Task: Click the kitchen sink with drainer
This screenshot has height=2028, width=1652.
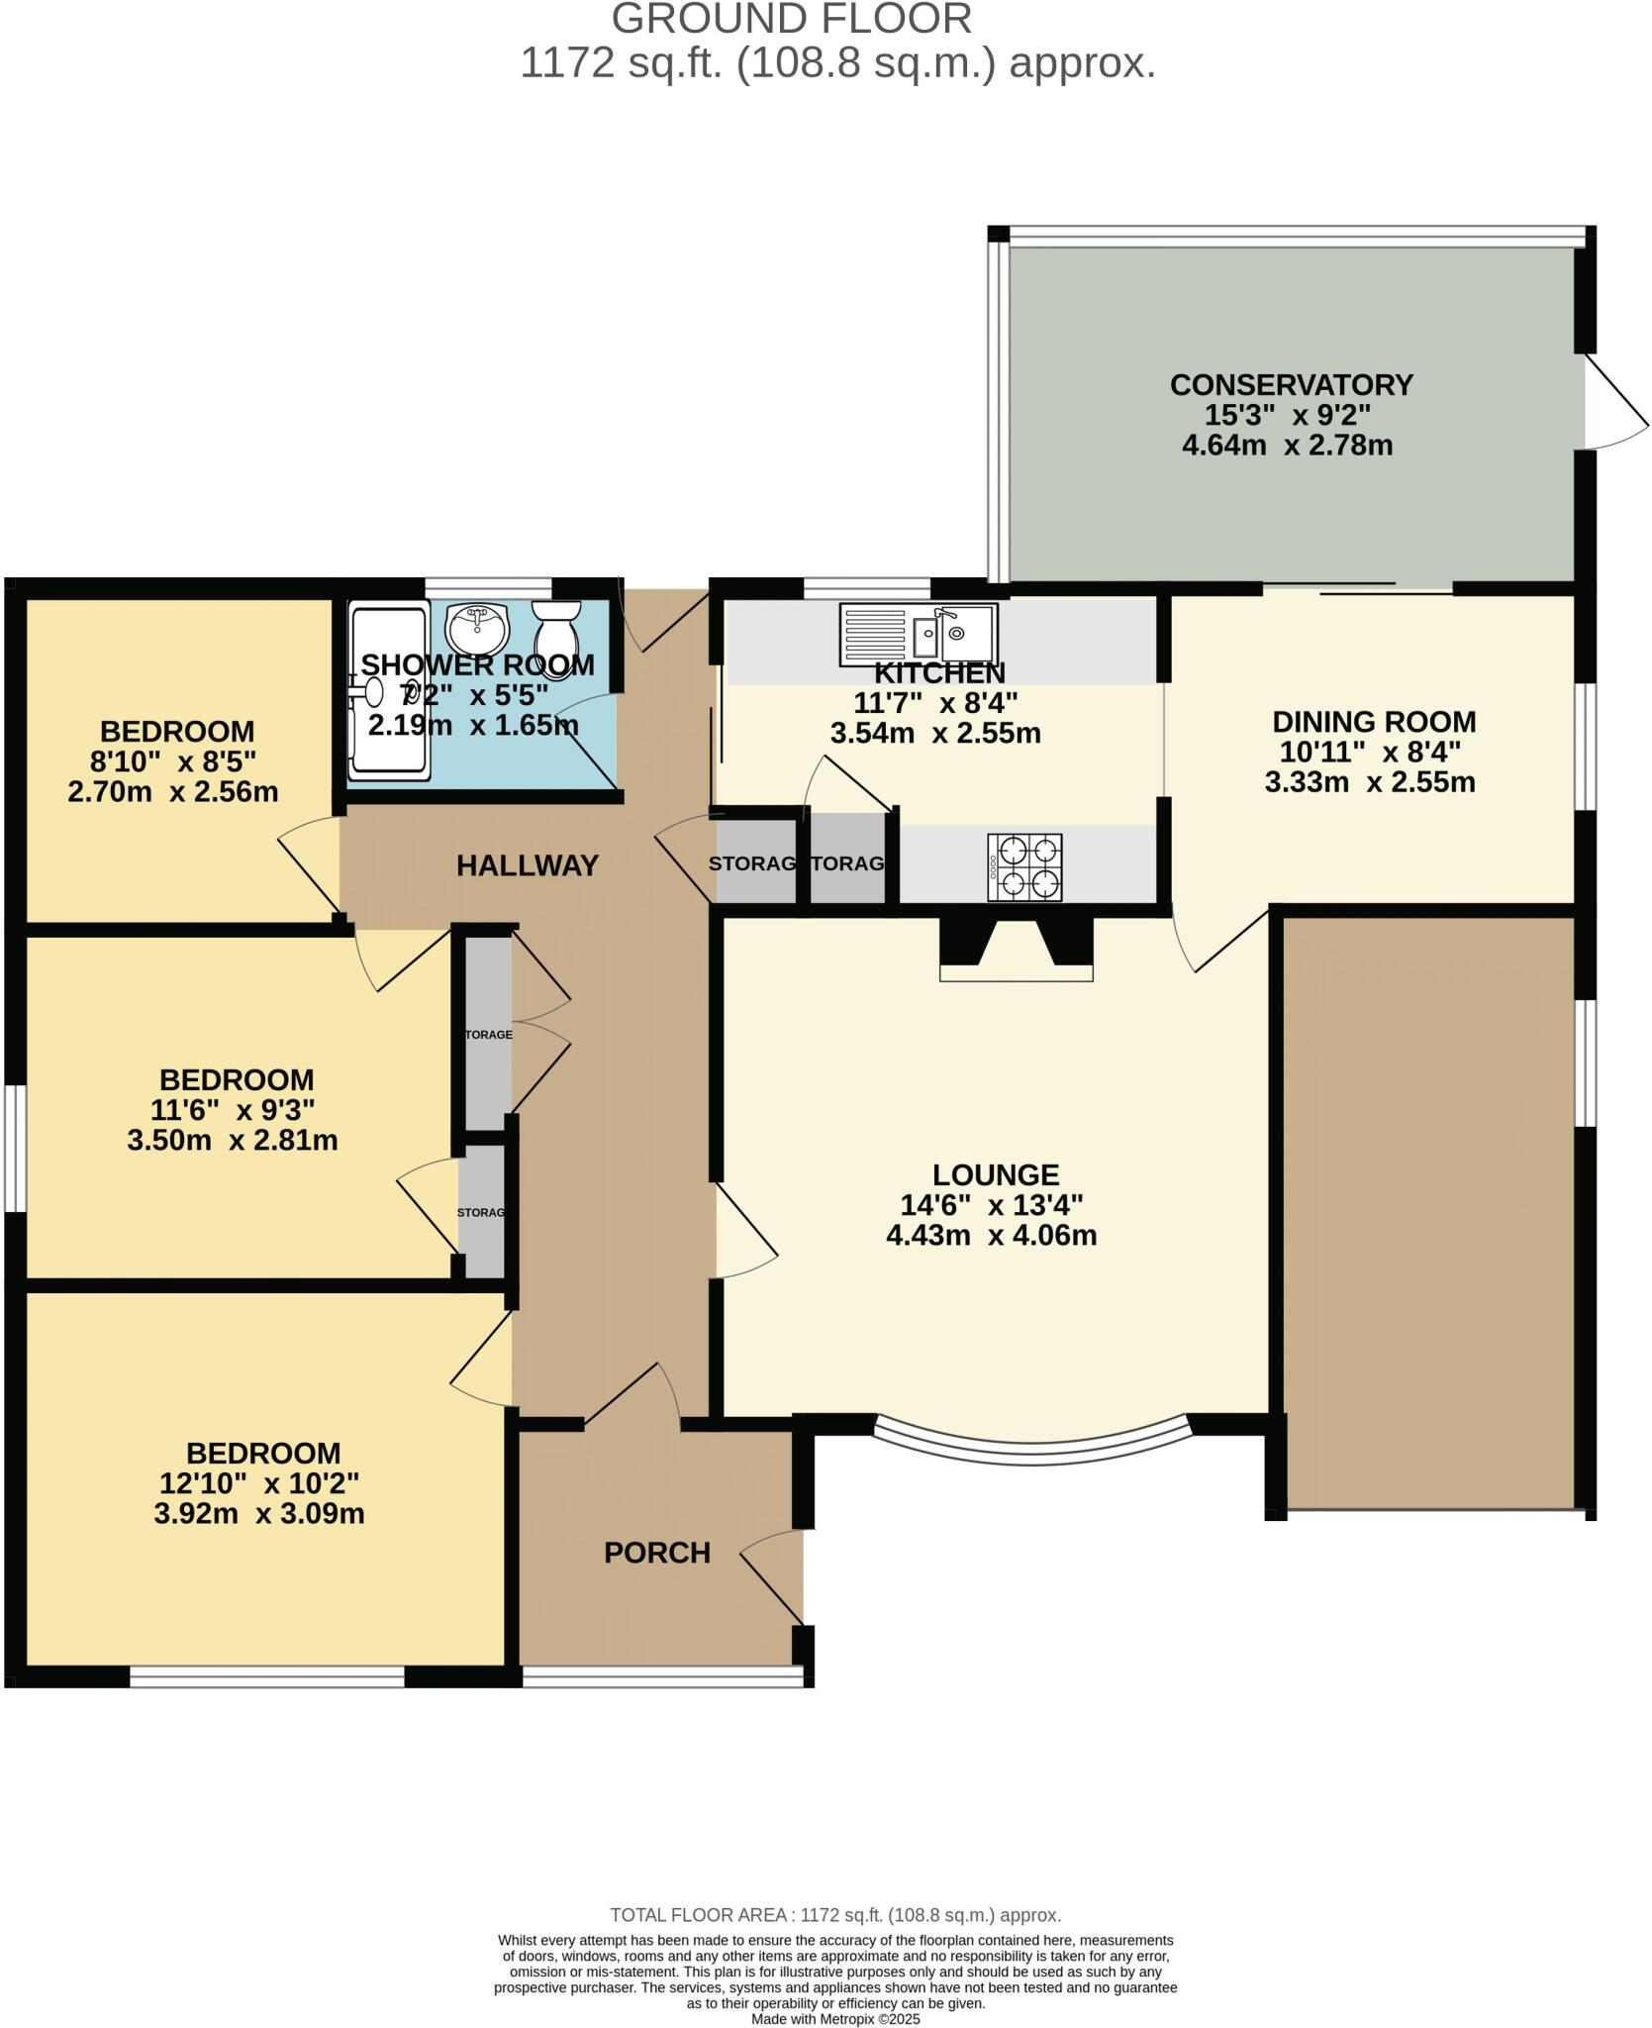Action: pyautogui.click(x=918, y=634)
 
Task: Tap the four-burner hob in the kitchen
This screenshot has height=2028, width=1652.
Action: pyautogui.click(x=1024, y=866)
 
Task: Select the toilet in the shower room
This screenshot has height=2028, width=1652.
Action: pyautogui.click(x=558, y=636)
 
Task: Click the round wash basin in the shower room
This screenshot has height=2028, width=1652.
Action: pyautogui.click(x=477, y=626)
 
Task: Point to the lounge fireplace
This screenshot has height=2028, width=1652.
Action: pyautogui.click(x=1016, y=948)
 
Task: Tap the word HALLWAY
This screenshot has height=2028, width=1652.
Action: pyautogui.click(x=527, y=865)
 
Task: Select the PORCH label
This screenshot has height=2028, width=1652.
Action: pyautogui.click(x=657, y=1552)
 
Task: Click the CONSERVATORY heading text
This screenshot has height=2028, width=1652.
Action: pyautogui.click(x=1291, y=384)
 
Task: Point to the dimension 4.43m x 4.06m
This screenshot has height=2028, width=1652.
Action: pyautogui.click(x=991, y=1235)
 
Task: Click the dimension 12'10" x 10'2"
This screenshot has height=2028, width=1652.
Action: pyautogui.click(x=259, y=1482)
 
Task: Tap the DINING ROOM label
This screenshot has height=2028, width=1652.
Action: pyautogui.click(x=1373, y=721)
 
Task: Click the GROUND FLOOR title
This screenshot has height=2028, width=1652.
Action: pyautogui.click(x=791, y=20)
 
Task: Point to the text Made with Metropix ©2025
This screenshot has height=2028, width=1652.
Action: pyautogui.click(x=835, y=2018)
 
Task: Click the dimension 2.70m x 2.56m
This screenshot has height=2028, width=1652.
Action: pyautogui.click(x=172, y=792)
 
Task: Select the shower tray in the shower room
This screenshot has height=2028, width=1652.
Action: pyautogui.click(x=389, y=693)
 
